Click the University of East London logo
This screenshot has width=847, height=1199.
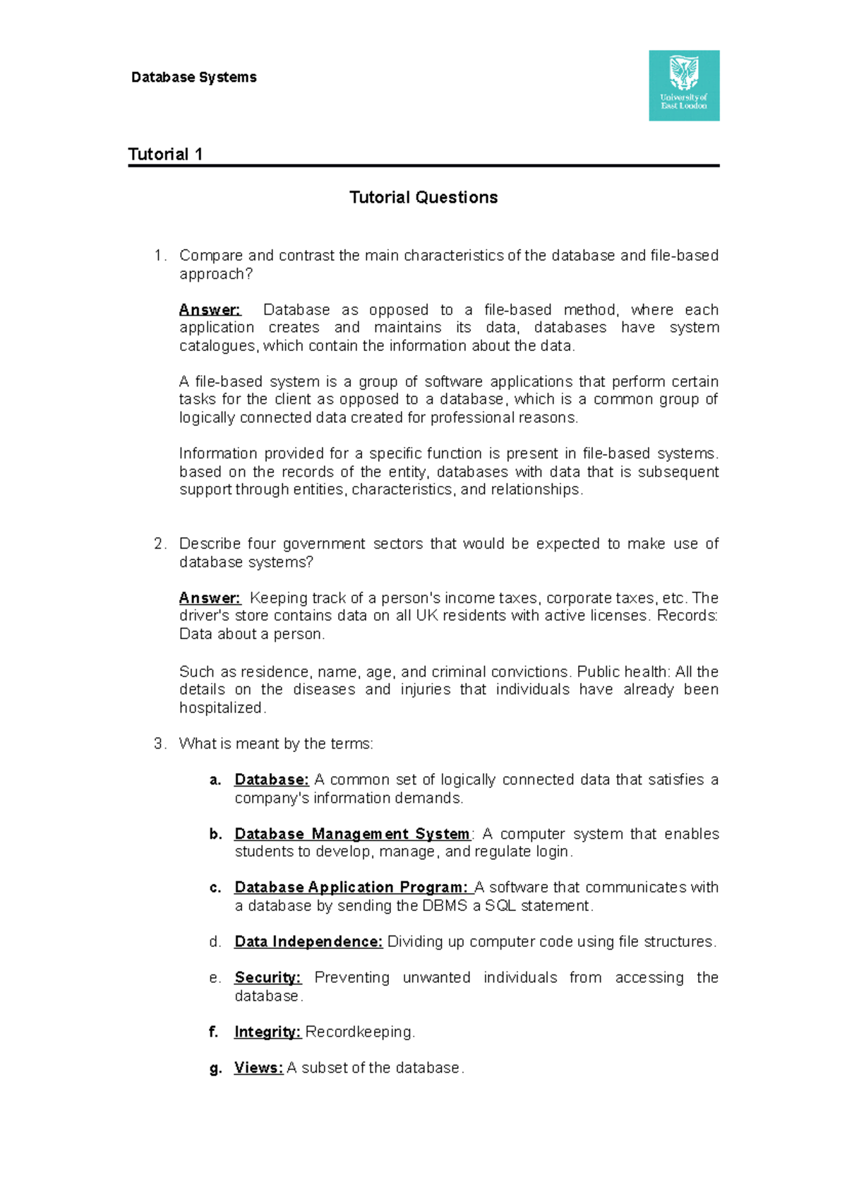(683, 85)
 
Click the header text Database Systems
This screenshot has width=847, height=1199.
(193, 78)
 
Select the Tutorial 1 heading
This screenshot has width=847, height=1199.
(165, 155)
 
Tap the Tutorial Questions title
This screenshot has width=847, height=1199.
(423, 198)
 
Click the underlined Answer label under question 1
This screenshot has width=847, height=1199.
(210, 310)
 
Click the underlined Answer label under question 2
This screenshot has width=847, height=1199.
(210, 598)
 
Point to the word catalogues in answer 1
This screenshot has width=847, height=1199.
(219, 346)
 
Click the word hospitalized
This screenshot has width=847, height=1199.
(221, 708)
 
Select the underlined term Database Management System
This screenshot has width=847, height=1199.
(352, 834)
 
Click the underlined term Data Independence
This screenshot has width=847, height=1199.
(308, 942)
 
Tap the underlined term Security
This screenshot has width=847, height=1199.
(267, 978)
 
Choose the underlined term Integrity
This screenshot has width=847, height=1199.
(267, 1032)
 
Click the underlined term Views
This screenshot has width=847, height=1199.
(258, 1068)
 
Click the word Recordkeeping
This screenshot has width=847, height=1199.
(359, 1032)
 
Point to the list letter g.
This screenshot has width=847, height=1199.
(215, 1069)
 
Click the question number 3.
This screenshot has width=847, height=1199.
(159, 744)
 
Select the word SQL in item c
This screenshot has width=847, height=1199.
(500, 906)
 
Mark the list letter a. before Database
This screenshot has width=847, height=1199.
(215, 780)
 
